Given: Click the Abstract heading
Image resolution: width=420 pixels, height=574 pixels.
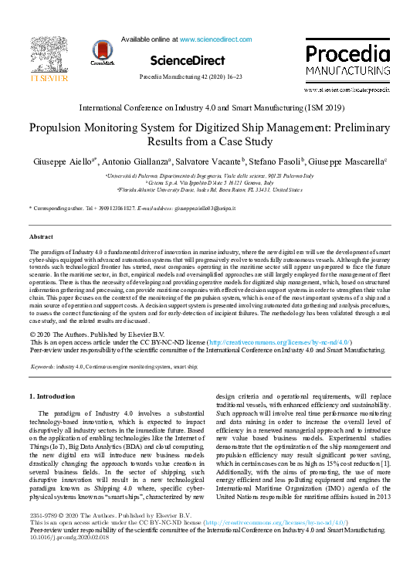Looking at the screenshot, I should point(41,236).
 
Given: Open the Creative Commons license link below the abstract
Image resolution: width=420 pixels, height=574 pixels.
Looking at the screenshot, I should point(287,341).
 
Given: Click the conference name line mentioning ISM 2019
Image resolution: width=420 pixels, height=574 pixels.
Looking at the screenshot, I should point(209,109).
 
